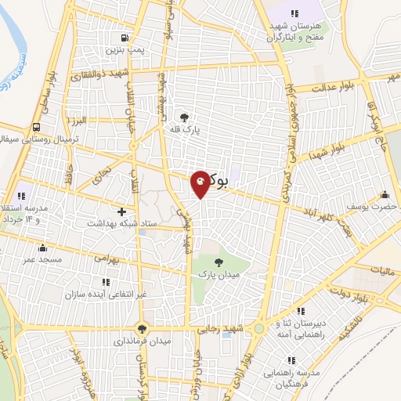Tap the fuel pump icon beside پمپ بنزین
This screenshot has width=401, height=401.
point(123,38)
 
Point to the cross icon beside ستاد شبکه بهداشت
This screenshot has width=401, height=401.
point(121,211)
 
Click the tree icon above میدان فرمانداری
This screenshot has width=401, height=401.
point(142,330)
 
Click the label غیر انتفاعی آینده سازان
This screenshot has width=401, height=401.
point(103,293)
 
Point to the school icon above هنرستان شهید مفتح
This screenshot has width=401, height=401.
point(294,13)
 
